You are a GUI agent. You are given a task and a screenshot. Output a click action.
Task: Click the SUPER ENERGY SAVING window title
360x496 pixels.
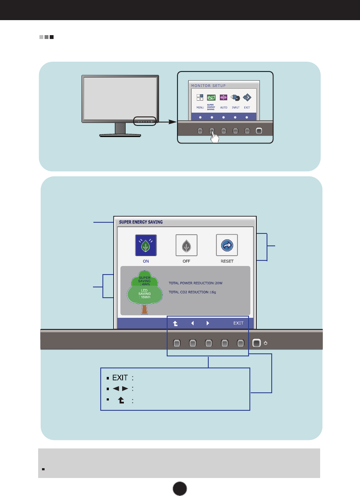point(138,222)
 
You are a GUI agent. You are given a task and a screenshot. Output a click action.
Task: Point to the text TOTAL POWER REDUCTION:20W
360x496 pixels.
point(196,283)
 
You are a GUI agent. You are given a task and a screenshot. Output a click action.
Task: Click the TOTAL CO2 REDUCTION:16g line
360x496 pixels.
point(192,292)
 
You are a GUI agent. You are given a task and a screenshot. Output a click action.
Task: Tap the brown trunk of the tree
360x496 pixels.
point(144,309)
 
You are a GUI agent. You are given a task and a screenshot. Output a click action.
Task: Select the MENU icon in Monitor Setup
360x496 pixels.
point(200,98)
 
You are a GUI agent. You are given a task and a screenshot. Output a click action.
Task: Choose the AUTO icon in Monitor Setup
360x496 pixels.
point(223,98)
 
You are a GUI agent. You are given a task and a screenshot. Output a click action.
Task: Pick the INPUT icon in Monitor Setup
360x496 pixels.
point(235,98)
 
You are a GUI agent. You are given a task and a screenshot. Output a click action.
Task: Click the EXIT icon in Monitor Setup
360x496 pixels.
point(247,98)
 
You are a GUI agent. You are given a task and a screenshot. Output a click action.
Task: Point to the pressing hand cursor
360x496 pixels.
point(214,138)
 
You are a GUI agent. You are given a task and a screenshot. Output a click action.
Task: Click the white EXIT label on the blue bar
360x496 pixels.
point(238,323)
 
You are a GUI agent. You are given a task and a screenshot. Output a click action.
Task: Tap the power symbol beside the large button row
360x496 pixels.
point(266,343)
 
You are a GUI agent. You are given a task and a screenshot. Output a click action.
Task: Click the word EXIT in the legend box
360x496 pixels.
point(120,378)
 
